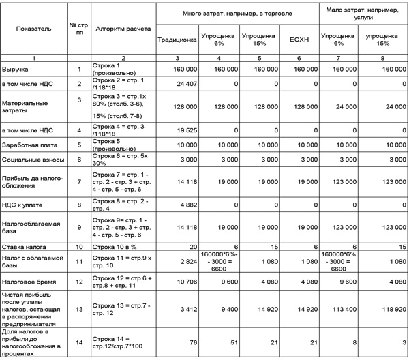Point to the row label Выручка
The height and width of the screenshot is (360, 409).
tap(16, 70)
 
